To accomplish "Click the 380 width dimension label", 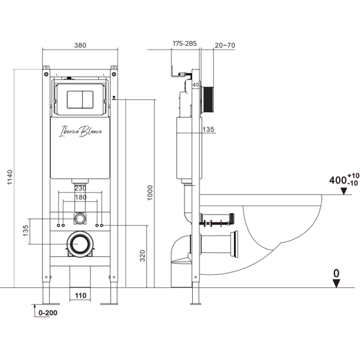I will (x=80, y=45).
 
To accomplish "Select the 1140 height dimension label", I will (x=10, y=178).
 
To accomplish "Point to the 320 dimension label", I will (x=143, y=256).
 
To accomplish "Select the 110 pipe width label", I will (x=80, y=296).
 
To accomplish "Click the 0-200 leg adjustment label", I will (x=48, y=313).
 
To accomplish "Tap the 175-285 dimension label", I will (x=184, y=44).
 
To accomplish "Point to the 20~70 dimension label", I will (x=225, y=45).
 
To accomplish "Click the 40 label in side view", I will (x=196, y=85).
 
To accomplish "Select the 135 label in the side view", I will (x=208, y=129).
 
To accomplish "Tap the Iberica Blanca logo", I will (x=80, y=131).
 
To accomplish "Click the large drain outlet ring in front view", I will (x=80, y=243).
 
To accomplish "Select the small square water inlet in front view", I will (x=80, y=218).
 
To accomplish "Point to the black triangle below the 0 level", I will (x=336, y=283).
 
